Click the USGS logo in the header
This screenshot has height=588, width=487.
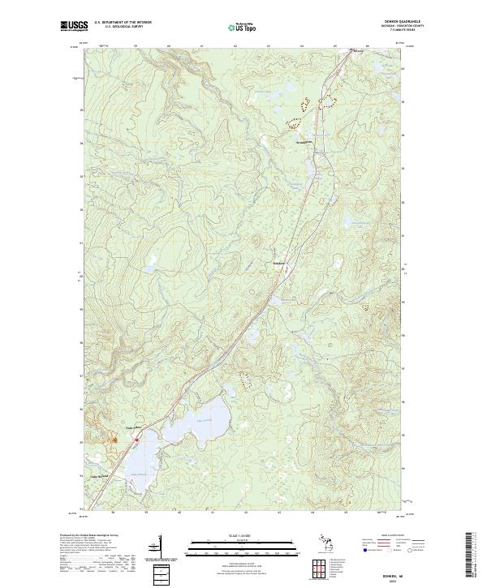74,26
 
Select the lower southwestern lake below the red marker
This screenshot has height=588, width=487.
139,465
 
